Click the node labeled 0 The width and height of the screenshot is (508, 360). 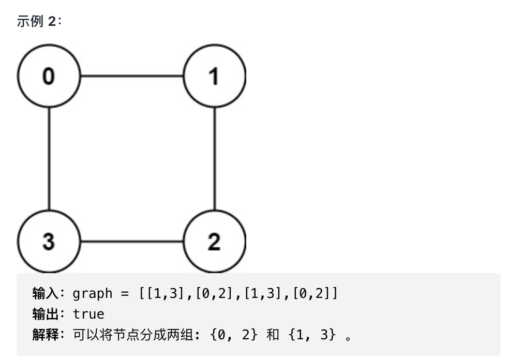pyautogui.click(x=49, y=76)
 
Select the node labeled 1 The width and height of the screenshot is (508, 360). pyautogui.click(x=214, y=76)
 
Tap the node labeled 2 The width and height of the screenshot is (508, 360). pyautogui.click(x=214, y=242)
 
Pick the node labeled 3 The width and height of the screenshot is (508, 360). pyautogui.click(x=49, y=242)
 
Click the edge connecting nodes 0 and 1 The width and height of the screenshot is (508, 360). pyautogui.click(x=131, y=76)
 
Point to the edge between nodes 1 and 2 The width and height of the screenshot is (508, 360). pyautogui.click(x=214, y=159)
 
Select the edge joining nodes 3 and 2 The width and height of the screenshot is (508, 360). pyautogui.click(x=131, y=242)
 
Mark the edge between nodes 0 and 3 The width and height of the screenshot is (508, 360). pyautogui.click(x=49, y=159)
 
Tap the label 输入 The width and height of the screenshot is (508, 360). pyautogui.click(x=45, y=294)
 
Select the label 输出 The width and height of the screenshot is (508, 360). pyautogui.click(x=45, y=314)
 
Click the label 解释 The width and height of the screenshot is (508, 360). pyautogui.click(x=45, y=335)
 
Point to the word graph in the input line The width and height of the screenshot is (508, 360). pyautogui.click(x=93, y=294)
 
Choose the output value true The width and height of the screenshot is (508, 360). pyautogui.click(x=88, y=314)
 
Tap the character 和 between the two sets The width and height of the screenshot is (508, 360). pyautogui.click(x=273, y=335)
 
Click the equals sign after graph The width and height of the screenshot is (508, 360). pyautogui.click(x=124, y=294)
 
